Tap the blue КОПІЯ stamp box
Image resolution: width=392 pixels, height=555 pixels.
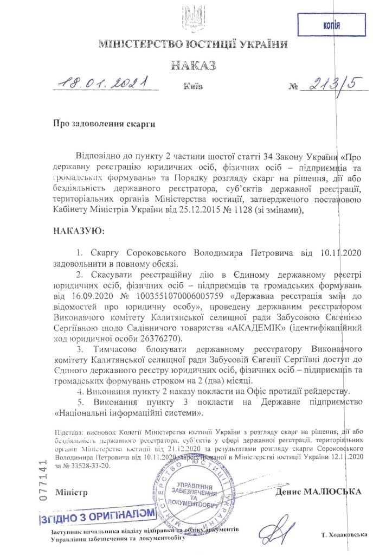(x=330, y=24)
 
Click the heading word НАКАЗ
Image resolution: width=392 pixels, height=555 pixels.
(x=193, y=66)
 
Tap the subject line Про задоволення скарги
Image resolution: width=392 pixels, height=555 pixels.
(x=104, y=124)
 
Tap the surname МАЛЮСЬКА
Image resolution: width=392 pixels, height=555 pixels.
(x=337, y=492)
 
